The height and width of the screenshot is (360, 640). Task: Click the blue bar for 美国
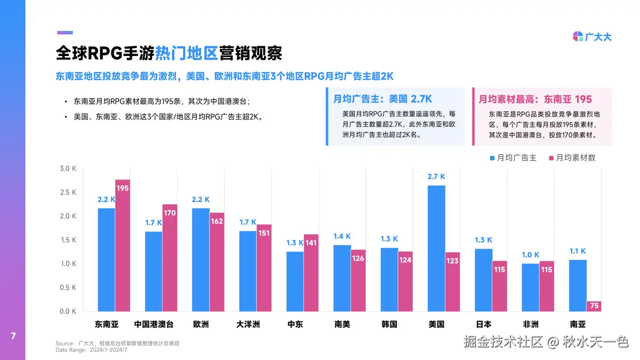point(436,248)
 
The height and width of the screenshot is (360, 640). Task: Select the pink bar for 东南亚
point(123,245)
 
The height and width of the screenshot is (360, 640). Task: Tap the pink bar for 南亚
point(594,306)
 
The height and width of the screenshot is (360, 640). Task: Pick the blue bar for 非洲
point(530,287)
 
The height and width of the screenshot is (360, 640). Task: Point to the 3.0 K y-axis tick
point(68,169)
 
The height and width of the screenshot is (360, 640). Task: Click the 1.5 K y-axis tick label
point(68,240)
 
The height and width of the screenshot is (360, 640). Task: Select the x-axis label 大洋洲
point(248,324)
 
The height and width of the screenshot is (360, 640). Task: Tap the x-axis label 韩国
point(389,324)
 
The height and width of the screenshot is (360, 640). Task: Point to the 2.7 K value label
point(436,177)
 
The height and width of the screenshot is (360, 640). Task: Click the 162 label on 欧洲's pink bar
point(217,221)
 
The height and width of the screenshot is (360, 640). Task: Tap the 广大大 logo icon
point(578,37)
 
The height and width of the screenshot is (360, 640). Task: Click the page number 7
point(13,336)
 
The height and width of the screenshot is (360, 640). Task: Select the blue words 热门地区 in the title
point(187,53)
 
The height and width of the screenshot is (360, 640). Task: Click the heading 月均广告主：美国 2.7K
point(382,99)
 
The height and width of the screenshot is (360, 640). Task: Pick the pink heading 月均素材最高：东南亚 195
point(535,99)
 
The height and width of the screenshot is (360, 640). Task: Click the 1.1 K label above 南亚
point(577,251)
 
